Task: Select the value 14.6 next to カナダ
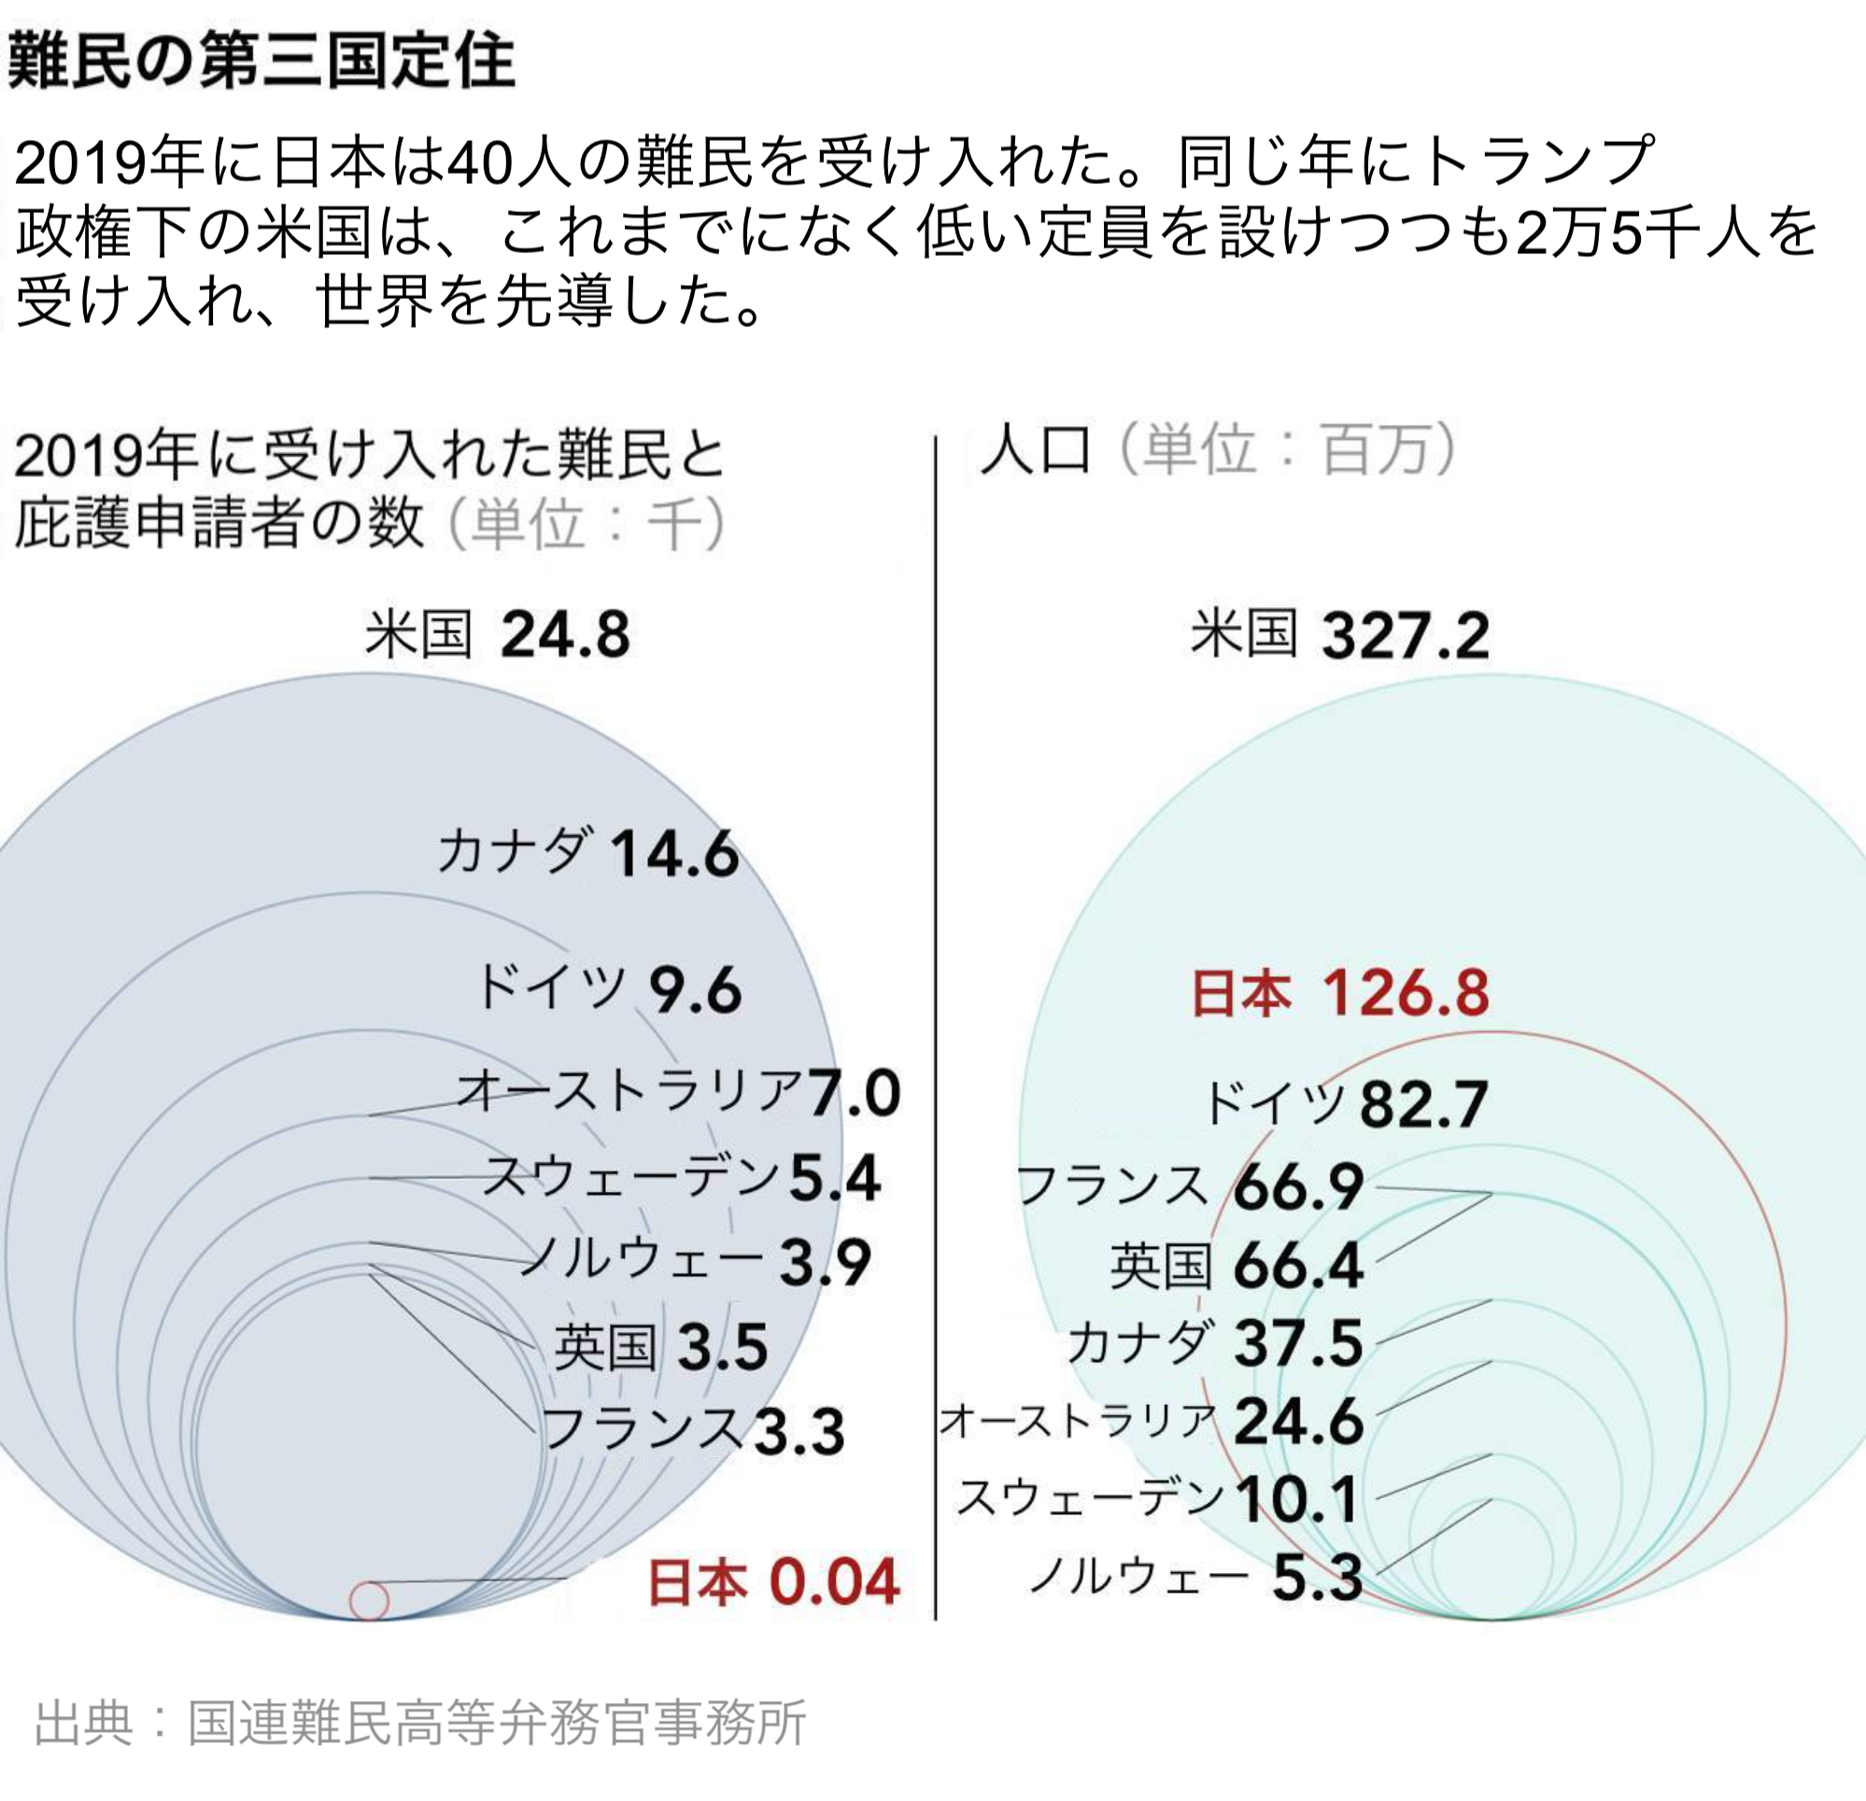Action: click(674, 854)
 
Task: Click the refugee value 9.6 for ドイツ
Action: click(695, 990)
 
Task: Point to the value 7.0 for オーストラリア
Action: click(854, 1093)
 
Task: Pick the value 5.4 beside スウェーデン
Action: click(835, 1179)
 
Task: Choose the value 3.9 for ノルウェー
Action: click(825, 1263)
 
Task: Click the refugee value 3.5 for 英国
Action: click(723, 1347)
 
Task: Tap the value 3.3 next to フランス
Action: click(799, 1432)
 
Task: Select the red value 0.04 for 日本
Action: click(834, 1581)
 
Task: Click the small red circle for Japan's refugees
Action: click(370, 1600)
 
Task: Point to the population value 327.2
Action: click(1406, 635)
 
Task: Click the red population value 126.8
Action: click(1406, 993)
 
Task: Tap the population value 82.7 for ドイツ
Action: click(1423, 1105)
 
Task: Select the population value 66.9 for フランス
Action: click(1298, 1186)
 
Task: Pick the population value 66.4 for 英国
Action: click(1298, 1267)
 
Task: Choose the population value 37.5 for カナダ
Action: click(1298, 1344)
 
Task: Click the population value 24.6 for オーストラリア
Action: click(1298, 1422)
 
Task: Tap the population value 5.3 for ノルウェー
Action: click(1317, 1578)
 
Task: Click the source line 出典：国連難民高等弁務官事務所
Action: click(420, 1722)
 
